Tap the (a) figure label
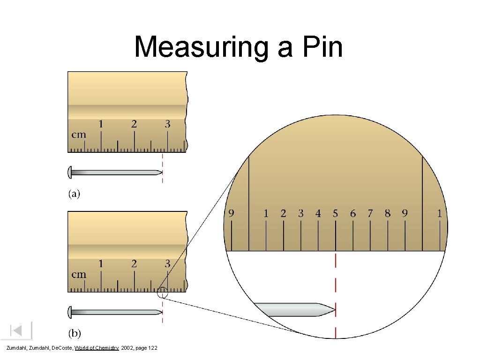click(75, 194)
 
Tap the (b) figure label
click(75, 334)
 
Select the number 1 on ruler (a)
click(100, 124)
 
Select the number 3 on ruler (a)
click(167, 124)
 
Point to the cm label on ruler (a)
click(79, 135)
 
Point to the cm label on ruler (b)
click(79, 274)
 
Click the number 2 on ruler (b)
click(134, 264)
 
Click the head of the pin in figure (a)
click(70, 172)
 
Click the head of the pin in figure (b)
click(70, 312)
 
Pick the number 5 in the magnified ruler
click(335, 214)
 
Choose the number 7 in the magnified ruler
click(370, 214)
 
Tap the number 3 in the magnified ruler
click(300, 214)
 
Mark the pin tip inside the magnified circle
click(333, 309)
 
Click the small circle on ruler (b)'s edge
click(163, 293)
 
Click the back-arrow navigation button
click(17, 330)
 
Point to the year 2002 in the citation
click(127, 348)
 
